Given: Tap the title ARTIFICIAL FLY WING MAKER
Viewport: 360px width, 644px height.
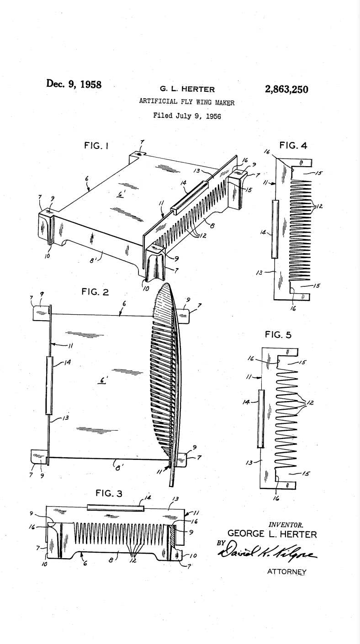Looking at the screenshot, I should click(187, 102).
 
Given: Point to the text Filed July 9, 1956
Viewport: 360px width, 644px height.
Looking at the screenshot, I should click(187, 116).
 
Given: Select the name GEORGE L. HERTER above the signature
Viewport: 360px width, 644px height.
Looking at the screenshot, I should click(270, 533).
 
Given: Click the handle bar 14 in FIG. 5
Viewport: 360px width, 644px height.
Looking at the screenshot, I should click(261, 418).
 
